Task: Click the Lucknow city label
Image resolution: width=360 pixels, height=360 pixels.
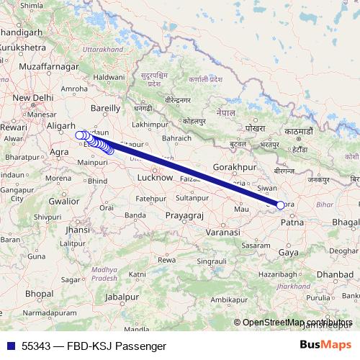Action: point(155,176)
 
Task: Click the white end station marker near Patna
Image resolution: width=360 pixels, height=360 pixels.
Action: point(280,205)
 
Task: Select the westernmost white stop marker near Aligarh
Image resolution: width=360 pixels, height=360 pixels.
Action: point(79,135)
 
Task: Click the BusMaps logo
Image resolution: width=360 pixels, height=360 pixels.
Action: point(326,346)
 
